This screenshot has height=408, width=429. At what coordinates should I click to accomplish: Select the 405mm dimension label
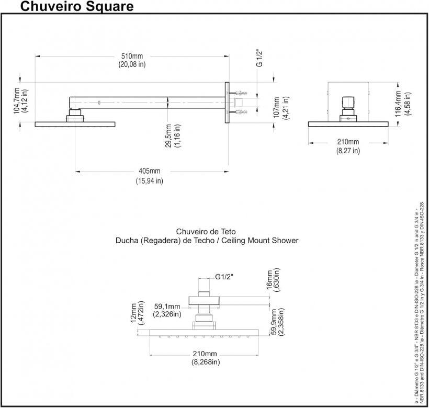coord(149,172)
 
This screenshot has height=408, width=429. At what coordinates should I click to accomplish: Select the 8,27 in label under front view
coord(348,151)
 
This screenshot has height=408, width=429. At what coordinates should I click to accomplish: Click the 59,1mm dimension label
coord(167,307)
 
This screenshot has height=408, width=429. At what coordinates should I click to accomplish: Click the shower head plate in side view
coord(75,124)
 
